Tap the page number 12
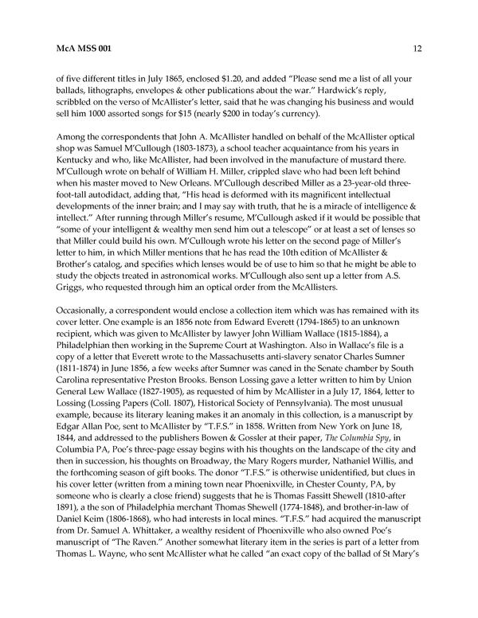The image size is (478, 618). tap(417, 49)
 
